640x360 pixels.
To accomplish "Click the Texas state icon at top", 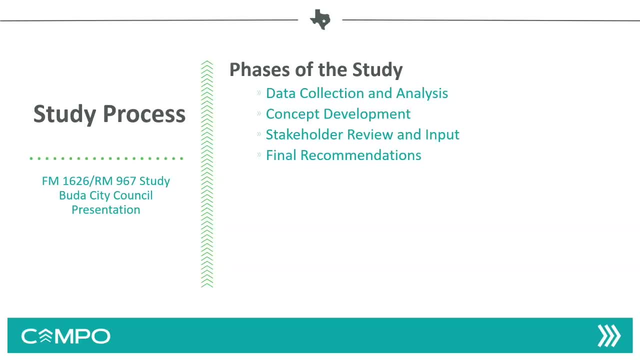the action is coord(320,19).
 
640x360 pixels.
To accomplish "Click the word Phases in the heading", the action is coord(259,69).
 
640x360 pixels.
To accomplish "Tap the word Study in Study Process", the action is coord(65,114).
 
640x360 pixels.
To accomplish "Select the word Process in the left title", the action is coord(144,114).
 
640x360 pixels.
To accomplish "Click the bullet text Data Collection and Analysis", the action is coord(357,93).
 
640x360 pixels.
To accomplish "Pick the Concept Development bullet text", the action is coord(338,114).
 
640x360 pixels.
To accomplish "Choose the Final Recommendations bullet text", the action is coord(343,155).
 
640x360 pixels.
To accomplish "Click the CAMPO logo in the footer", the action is coord(65,336).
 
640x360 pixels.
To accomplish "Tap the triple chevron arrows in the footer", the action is coord(609,335).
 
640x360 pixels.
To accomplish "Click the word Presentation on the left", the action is coord(105,210).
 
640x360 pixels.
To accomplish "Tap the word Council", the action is coord(133,195).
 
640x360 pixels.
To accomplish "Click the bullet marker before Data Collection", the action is coord(259,92).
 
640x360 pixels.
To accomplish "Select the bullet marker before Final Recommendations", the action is coord(259,155).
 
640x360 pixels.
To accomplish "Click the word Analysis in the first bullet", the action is coord(422,93).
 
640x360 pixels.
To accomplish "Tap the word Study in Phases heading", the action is coord(377,70).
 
